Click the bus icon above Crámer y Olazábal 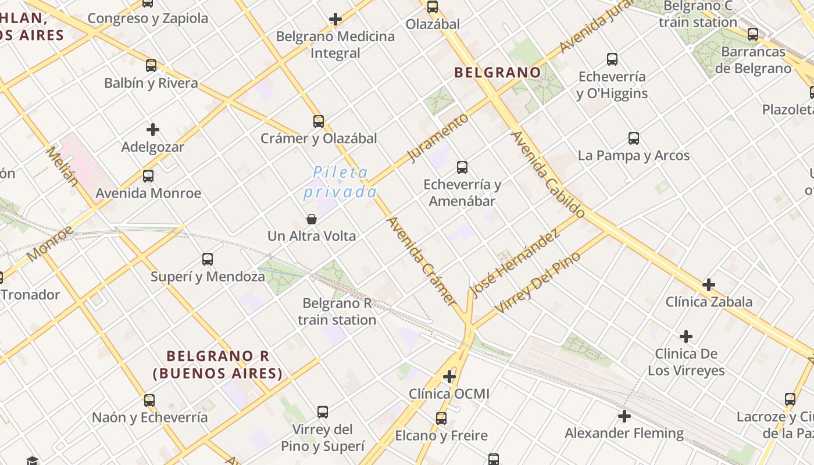pyautogui.click(x=319, y=121)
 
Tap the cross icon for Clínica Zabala pyautogui.click(x=709, y=285)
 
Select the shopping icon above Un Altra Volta pyautogui.click(x=312, y=219)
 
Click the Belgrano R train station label pyautogui.click(x=337, y=312)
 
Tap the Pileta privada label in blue pyautogui.click(x=340, y=182)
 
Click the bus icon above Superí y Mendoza pyautogui.click(x=208, y=259)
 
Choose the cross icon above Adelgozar pyautogui.click(x=153, y=130)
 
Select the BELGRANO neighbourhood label pyautogui.click(x=497, y=73)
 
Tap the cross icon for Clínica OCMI pyautogui.click(x=449, y=377)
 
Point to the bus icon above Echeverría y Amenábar pyautogui.click(x=462, y=167)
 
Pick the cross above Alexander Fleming pyautogui.click(x=624, y=416)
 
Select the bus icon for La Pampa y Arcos pyautogui.click(x=634, y=138)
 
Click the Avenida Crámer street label pyautogui.click(x=422, y=260)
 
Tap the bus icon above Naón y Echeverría pyautogui.click(x=149, y=400)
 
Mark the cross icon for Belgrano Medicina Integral pyautogui.click(x=335, y=19)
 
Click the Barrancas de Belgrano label pyautogui.click(x=753, y=60)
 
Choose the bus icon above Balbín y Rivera pyautogui.click(x=151, y=66)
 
